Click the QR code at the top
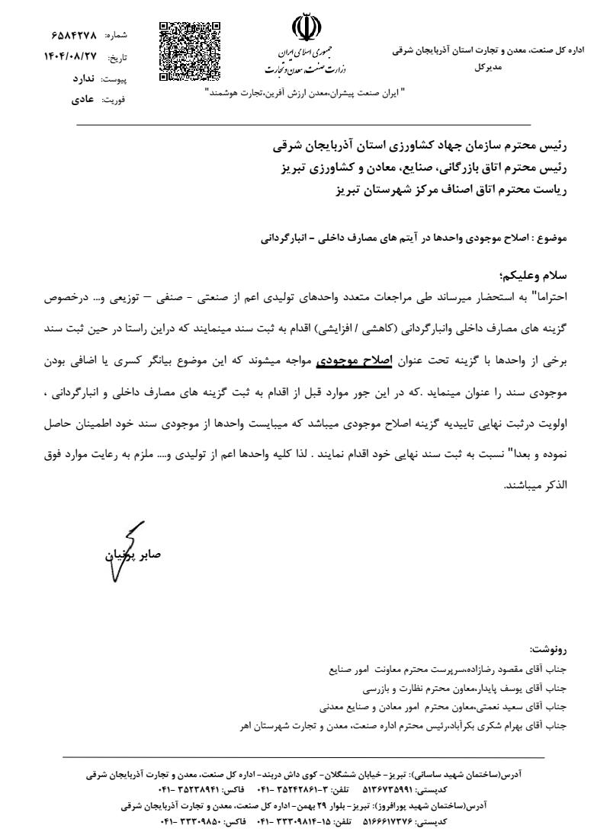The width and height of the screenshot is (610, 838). pos(189,52)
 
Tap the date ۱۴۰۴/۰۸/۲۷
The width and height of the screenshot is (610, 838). pos(75,57)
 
